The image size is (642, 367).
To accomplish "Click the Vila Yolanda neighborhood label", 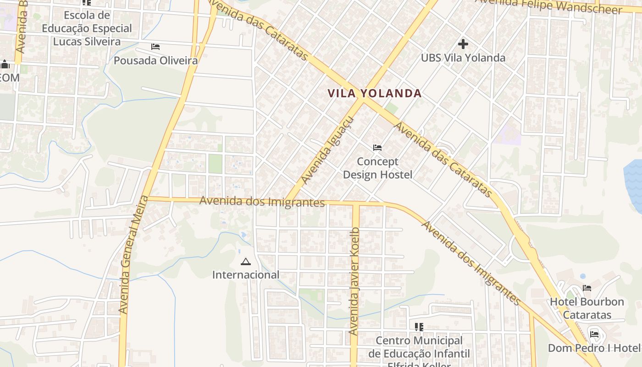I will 375,94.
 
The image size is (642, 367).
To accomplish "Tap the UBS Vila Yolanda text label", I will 463,58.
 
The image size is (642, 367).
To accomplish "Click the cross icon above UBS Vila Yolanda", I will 463,44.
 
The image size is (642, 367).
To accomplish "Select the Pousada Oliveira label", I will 155,61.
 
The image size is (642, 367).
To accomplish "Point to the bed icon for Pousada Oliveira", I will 155,47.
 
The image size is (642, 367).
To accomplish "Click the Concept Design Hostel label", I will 378,168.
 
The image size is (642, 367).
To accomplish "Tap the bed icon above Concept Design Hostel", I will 377,148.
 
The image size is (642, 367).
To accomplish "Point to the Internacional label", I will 246,275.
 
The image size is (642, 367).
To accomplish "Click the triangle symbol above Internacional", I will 246,262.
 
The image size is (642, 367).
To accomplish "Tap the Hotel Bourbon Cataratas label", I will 587,308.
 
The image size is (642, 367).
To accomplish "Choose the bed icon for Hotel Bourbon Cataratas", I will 587,288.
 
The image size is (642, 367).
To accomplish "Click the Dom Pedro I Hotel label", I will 594,348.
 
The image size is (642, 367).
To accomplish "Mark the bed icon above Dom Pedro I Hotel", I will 595,334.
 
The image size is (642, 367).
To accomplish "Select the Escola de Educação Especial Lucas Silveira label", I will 87,28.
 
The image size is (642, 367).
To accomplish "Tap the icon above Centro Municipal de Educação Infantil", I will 419,327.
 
